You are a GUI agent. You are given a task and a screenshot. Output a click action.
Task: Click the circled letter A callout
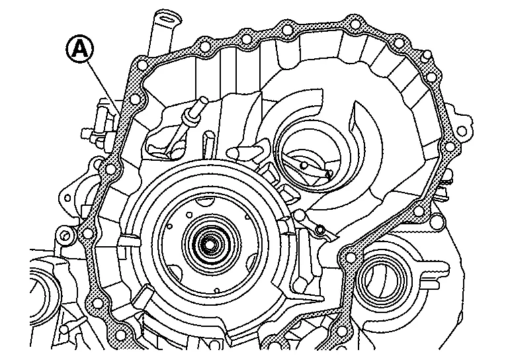click(80, 49)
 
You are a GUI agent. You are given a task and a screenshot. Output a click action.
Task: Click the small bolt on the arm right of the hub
click(319, 229)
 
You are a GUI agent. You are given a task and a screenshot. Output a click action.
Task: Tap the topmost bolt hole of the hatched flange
click(355, 24)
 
